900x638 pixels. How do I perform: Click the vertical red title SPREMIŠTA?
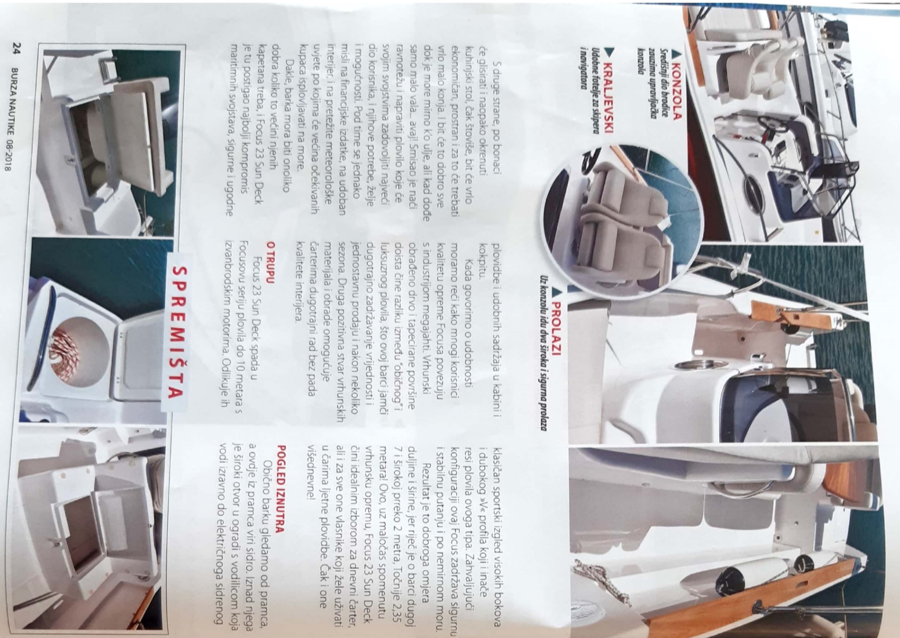[176, 331]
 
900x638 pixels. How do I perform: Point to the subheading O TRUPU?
[270, 262]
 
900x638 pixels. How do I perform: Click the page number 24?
[16, 48]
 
